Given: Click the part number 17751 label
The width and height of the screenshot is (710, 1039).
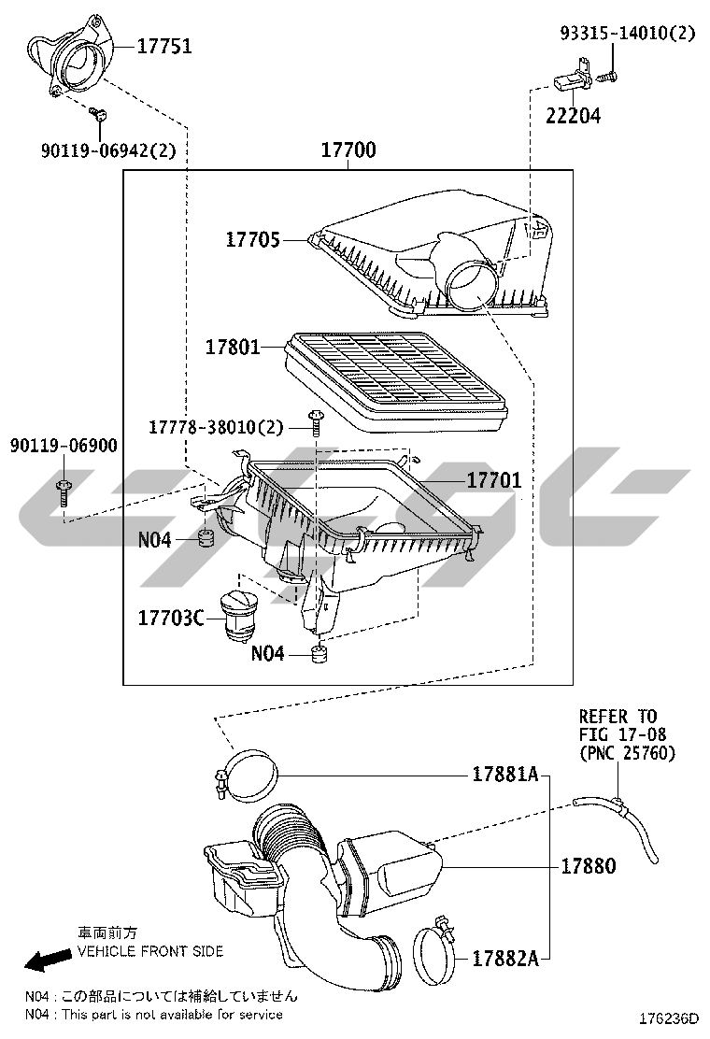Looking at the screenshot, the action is pyautogui.click(x=164, y=47).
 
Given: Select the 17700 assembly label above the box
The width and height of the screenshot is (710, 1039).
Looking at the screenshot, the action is pyautogui.click(x=348, y=149).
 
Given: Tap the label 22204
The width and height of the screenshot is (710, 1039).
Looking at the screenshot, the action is pyautogui.click(x=573, y=116).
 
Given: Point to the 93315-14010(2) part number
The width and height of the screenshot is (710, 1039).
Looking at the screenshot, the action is pyautogui.click(x=627, y=33).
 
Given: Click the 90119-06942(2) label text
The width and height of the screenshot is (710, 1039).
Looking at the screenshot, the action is pyautogui.click(x=108, y=151).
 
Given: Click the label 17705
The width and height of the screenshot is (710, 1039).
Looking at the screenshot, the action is pyautogui.click(x=253, y=240).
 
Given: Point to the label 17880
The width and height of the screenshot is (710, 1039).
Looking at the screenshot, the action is pyautogui.click(x=589, y=866).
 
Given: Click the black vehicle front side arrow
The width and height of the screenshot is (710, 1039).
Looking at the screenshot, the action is pyautogui.click(x=48, y=958).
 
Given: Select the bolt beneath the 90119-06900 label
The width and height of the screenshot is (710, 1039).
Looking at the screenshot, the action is pyautogui.click(x=64, y=491).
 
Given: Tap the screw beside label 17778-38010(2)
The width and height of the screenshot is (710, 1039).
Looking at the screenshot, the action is pyautogui.click(x=316, y=422).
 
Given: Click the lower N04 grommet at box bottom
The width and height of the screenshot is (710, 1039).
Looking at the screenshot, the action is pyautogui.click(x=319, y=653).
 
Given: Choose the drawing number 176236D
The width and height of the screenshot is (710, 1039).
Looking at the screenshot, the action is pyautogui.click(x=668, y=1018).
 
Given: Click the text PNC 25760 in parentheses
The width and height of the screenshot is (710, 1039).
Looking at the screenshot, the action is pyautogui.click(x=627, y=753).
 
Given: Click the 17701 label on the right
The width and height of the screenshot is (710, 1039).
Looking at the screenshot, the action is pyautogui.click(x=494, y=480).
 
